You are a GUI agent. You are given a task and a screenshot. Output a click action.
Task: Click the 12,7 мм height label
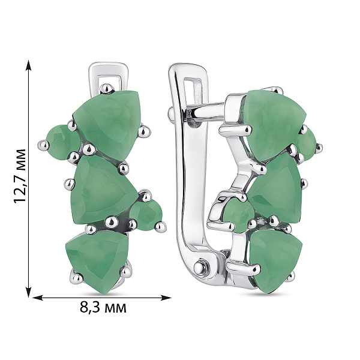click(20, 176)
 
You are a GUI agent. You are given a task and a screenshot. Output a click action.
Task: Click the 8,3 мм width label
click(103, 307)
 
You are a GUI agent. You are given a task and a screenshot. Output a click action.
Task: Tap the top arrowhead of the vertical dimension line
click(28, 65)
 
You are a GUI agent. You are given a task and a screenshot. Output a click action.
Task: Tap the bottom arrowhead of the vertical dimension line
click(28, 292)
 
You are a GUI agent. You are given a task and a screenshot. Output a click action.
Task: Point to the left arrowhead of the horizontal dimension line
click(38, 298)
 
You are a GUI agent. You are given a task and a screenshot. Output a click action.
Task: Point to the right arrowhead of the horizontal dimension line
click(166, 298)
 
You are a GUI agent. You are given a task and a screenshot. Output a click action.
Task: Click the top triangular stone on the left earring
click(108, 123)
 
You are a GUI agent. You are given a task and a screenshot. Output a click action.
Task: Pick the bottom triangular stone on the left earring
click(98, 260)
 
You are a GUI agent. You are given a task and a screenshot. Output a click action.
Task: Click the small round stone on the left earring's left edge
click(62, 141)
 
